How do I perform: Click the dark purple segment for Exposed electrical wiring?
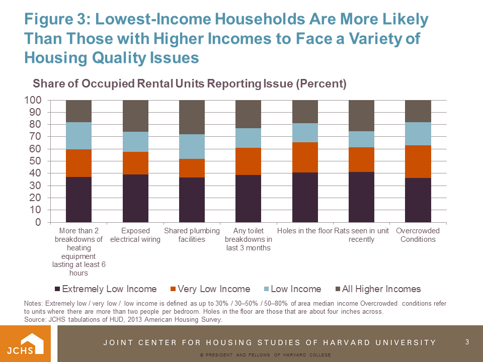pyautogui.click(x=135, y=198)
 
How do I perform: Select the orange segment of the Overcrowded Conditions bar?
pyautogui.click(x=418, y=161)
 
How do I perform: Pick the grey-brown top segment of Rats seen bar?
pyautogui.click(x=361, y=115)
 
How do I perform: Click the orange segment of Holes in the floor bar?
pyautogui.click(x=305, y=157)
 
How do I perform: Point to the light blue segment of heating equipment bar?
pyautogui.click(x=78, y=136)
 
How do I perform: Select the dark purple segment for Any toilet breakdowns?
pyautogui.click(x=248, y=198)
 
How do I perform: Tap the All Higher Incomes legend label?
pyautogui.click(x=381, y=289)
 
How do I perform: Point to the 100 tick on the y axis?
pyautogui.click(x=33, y=100)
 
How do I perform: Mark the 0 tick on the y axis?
pyautogui.click(x=38, y=222)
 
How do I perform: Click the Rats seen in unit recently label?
pyautogui.click(x=361, y=235)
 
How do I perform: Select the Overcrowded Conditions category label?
pyautogui.click(x=418, y=235)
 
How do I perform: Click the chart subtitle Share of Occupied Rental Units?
pyautogui.click(x=190, y=84)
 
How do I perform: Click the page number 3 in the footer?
pyautogui.click(x=467, y=342)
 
